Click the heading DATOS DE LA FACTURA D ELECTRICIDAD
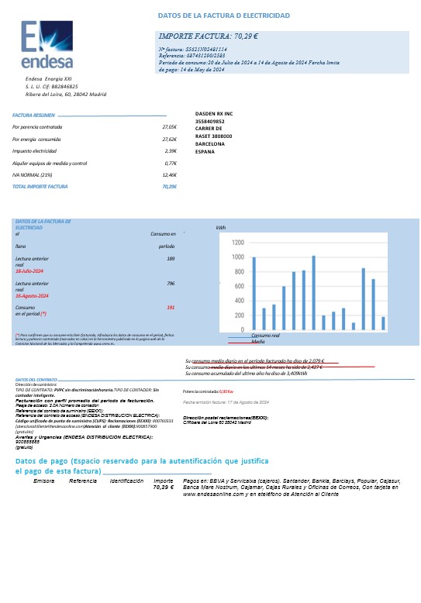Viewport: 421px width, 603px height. pyautogui.click(x=223, y=16)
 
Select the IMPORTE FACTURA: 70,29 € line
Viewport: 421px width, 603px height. pyautogui.click(x=209, y=36)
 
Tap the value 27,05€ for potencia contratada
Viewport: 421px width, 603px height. pyautogui.click(x=169, y=126)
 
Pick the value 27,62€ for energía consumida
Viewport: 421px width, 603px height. pyautogui.click(x=169, y=139)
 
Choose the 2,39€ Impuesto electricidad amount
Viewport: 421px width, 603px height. pyautogui.click(x=171, y=151)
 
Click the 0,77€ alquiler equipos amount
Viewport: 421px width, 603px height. pyautogui.click(x=171, y=164)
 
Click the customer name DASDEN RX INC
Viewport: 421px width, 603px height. pyautogui.click(x=215, y=113)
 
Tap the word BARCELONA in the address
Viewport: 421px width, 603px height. pyautogui.click(x=210, y=144)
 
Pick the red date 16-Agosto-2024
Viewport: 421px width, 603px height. pyautogui.click(x=33, y=296)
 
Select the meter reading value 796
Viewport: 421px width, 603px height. pyautogui.click(x=170, y=284)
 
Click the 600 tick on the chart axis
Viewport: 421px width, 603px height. pyautogui.click(x=239, y=287)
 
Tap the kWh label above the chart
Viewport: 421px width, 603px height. pyautogui.click(x=220, y=229)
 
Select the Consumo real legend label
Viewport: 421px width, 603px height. pyautogui.click(x=265, y=336)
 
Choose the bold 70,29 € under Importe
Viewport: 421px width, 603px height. pyautogui.click(x=163, y=488)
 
